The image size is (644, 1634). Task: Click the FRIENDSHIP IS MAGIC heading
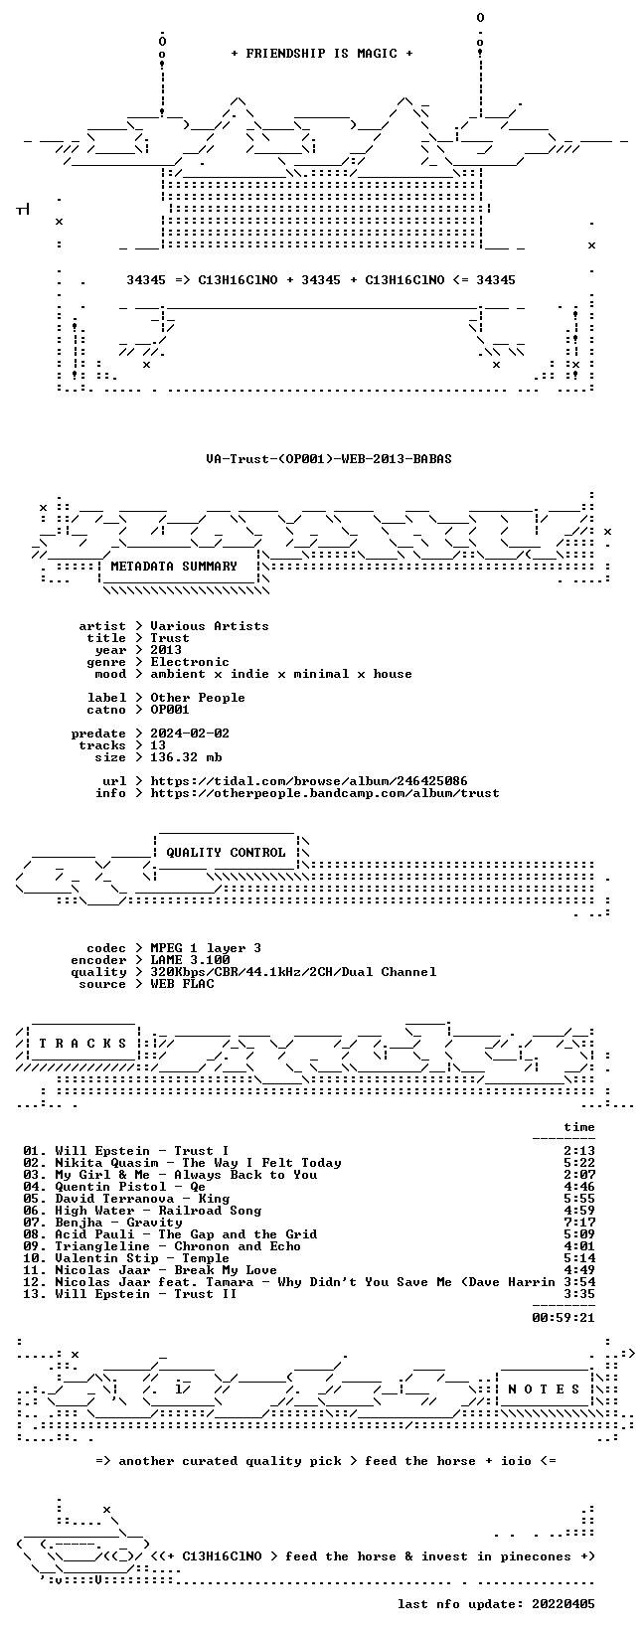322,54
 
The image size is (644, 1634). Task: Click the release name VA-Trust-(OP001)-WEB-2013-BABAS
329,459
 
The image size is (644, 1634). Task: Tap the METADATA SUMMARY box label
174,567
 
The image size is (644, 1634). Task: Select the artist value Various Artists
210,626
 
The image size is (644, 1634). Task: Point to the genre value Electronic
190,662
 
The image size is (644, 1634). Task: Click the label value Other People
198,698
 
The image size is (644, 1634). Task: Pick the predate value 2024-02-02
190,734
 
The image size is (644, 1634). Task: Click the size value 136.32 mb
186,757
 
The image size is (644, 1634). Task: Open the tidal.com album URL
308,781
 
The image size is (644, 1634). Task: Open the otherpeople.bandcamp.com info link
325,793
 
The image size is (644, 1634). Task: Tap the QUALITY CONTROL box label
226,853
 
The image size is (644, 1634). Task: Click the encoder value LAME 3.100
190,960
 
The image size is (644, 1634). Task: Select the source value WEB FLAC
182,984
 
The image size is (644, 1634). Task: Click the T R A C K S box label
83,1044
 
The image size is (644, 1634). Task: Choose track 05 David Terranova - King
126,1199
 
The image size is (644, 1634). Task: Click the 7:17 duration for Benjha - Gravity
579,1223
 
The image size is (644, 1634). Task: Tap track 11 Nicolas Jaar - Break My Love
149,1270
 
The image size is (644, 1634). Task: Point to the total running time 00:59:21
563,1317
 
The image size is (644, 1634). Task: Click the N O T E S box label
544,1389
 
